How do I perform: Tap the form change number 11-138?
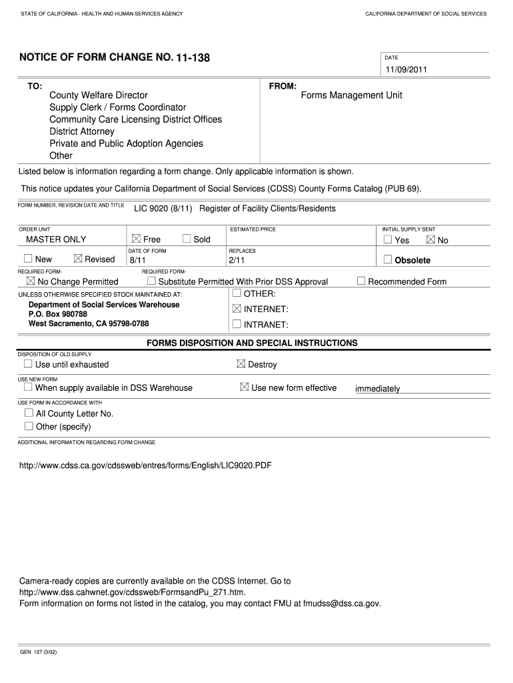click(193, 58)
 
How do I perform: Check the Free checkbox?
click(136, 239)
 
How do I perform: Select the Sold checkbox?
click(187, 239)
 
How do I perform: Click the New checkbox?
click(28, 259)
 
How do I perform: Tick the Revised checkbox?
click(78, 259)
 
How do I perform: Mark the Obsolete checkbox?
click(388, 259)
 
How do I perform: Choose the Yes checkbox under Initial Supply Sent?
click(388, 239)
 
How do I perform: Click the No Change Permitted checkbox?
click(30, 281)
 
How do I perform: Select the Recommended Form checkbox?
click(361, 281)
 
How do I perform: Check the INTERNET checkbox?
click(237, 309)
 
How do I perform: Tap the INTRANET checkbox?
click(237, 324)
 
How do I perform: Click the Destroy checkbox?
click(241, 364)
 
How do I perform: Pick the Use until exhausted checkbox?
click(28, 364)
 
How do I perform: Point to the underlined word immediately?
click(378, 389)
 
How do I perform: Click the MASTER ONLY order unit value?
click(56, 239)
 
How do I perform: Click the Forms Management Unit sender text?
click(351, 95)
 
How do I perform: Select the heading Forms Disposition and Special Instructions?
click(252, 343)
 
